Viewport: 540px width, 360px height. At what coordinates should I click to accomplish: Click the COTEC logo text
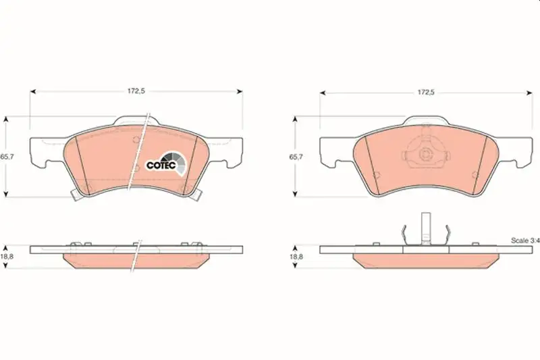[x=161, y=165]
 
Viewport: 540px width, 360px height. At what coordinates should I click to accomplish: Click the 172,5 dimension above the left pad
[x=136, y=91]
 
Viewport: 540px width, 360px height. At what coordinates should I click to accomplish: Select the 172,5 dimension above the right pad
[x=426, y=93]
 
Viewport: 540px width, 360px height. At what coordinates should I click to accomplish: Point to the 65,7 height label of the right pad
[x=296, y=157]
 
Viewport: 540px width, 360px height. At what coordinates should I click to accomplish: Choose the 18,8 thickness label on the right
[x=296, y=257]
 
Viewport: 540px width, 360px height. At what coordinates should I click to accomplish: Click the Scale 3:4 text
[x=525, y=241]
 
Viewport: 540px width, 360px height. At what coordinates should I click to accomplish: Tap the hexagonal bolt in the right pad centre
[x=426, y=155]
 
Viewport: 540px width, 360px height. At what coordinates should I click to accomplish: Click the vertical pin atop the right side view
[x=426, y=229]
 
